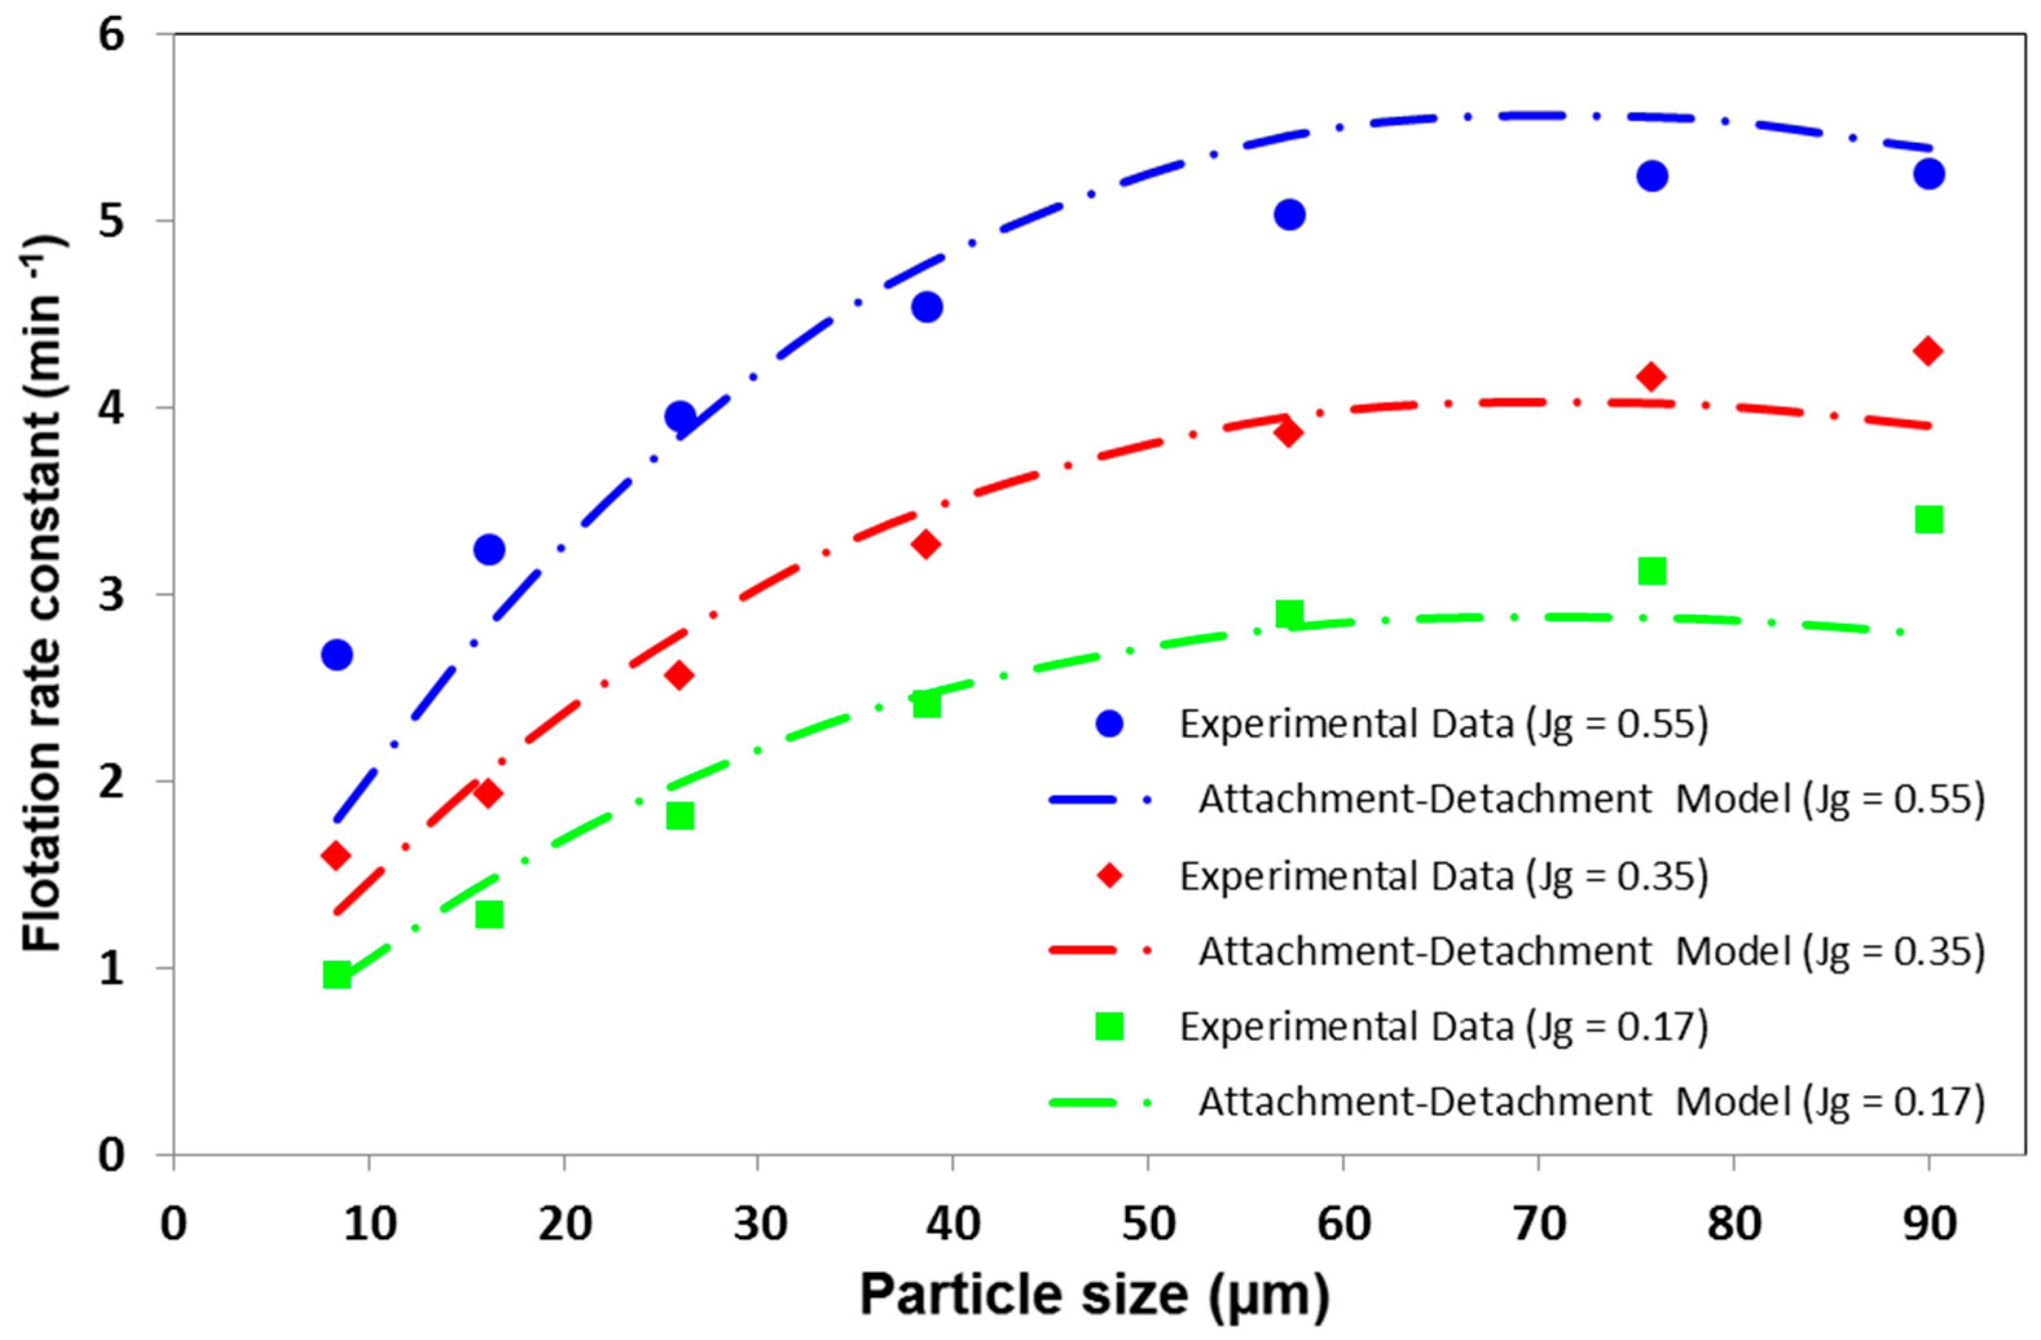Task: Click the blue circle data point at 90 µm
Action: click(1928, 174)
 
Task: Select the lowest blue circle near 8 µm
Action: click(336, 655)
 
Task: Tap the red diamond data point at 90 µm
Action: click(1928, 351)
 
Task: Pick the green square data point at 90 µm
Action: click(1928, 520)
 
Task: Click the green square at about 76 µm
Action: click(1651, 571)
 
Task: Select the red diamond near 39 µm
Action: click(925, 544)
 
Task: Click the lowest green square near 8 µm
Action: click(336, 975)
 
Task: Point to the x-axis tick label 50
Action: click(1147, 1225)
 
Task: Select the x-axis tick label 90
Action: click(1928, 1225)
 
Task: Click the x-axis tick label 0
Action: click(173, 1225)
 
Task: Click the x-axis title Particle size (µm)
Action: click(1094, 1295)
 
